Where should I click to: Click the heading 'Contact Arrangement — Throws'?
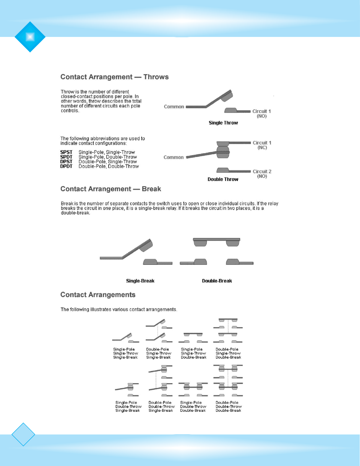tap(114, 77)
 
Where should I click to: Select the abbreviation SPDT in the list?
tap(66, 157)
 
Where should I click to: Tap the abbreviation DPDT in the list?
tap(66, 166)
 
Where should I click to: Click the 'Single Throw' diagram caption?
tap(223, 123)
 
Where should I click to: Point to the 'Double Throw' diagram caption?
tap(223, 179)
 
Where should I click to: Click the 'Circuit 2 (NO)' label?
tap(262, 174)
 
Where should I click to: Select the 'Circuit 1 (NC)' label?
tap(262, 145)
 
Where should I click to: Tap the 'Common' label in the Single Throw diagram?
tap(174, 107)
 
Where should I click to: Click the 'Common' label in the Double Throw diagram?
tap(173, 157)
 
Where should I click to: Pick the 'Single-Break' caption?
tap(140, 281)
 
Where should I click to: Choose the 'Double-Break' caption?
tap(217, 281)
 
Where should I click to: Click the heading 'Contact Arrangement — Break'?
tap(111, 189)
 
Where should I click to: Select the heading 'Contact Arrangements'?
tap(98, 295)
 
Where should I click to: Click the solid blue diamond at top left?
tap(30, 37)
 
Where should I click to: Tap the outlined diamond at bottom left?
tap(23, 434)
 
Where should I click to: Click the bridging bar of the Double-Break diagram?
tap(216, 239)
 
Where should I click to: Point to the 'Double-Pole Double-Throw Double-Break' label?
tap(228, 406)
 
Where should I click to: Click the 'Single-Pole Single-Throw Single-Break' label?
tap(125, 353)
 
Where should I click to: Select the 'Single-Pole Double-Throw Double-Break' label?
tap(193, 406)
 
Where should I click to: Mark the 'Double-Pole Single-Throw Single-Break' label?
tap(158, 353)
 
